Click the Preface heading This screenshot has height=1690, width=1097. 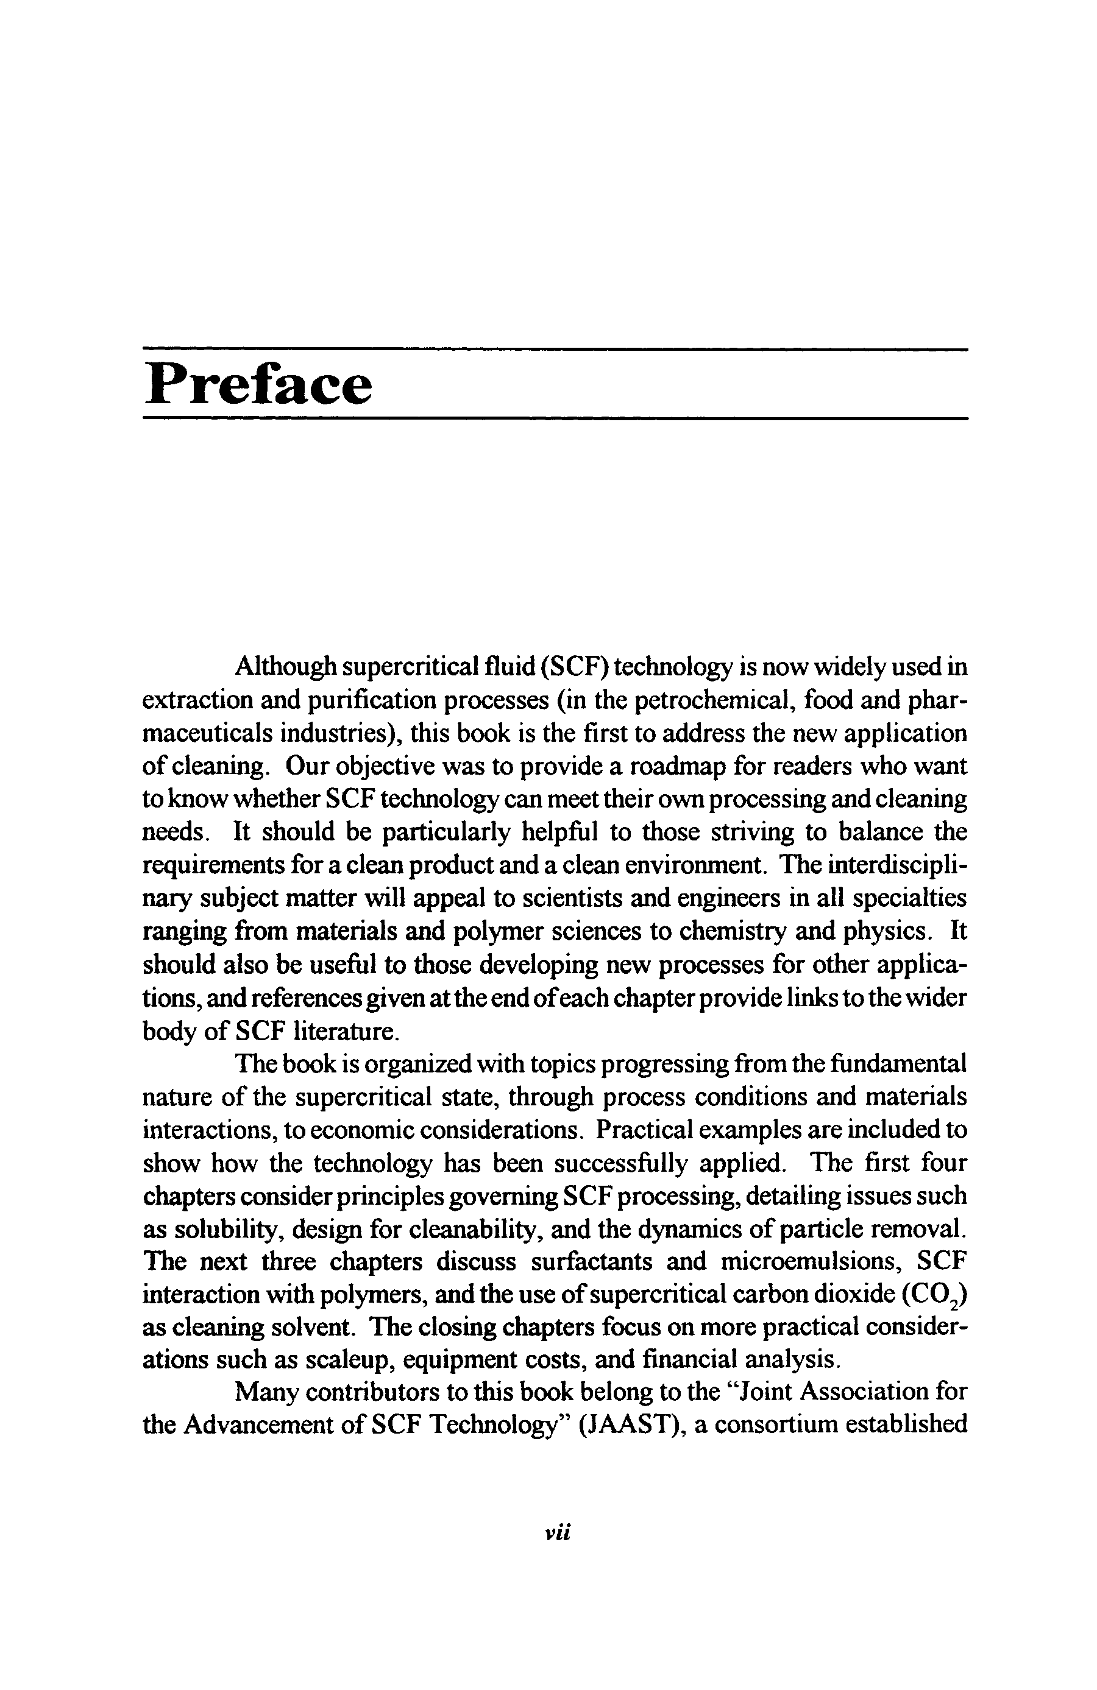(x=258, y=384)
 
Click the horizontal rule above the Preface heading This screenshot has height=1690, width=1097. (x=555, y=348)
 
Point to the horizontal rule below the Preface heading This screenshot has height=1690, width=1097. (x=555, y=419)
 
